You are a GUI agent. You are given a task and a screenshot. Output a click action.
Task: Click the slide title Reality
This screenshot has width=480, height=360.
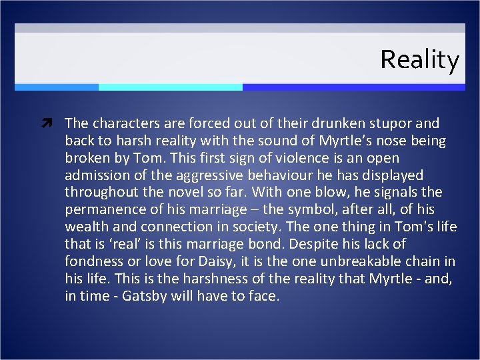click(x=419, y=60)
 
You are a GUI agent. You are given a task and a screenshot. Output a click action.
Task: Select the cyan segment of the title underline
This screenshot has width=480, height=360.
click(x=170, y=87)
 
